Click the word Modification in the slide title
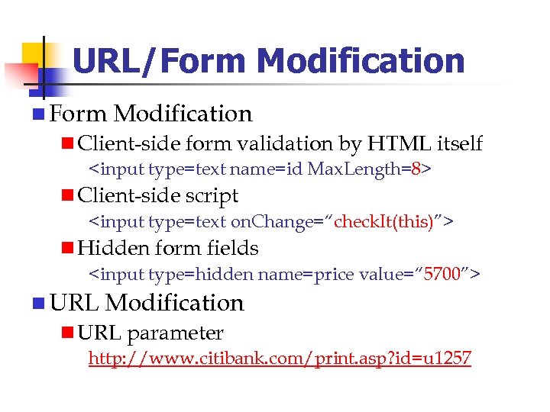pyautogui.click(x=361, y=61)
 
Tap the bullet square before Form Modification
pyautogui.click(x=38, y=114)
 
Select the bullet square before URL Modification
pyautogui.click(x=38, y=304)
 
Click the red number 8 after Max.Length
pyautogui.click(x=416, y=169)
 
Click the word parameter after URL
pyautogui.click(x=175, y=333)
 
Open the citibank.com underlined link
pyautogui.click(x=280, y=359)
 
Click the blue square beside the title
pyautogui.click(x=38, y=82)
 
